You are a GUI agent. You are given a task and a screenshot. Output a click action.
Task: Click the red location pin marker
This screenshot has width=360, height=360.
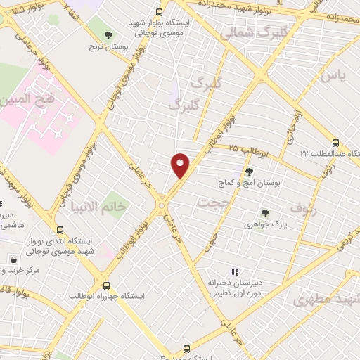pos(181,165)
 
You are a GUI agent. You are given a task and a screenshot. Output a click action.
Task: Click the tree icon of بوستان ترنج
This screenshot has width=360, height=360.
pos(108,35)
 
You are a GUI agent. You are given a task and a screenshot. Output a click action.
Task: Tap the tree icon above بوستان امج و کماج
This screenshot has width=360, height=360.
pos(248,171)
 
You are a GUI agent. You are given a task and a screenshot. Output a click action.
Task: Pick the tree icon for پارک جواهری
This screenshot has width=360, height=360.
pos(265,213)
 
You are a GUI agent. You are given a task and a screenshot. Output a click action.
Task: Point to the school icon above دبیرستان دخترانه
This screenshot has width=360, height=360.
pos(235,272)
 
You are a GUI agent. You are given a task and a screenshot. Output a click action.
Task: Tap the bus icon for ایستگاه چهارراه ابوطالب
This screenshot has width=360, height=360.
pos(106,285)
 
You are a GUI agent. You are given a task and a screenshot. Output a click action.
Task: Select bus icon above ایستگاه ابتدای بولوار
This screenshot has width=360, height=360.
pos(60,230)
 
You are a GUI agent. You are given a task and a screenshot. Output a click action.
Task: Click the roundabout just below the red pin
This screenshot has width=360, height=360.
pos(162,205)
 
